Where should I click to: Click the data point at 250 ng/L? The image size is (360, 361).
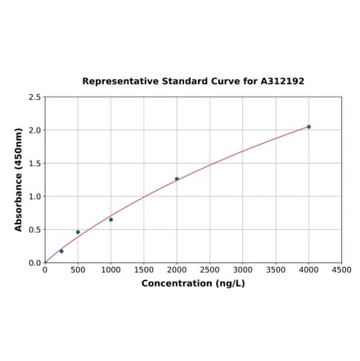pos(61,251)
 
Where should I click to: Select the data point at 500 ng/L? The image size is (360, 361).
pos(78,232)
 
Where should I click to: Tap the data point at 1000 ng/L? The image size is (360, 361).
pos(111,219)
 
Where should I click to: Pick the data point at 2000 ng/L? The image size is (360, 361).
pos(177,178)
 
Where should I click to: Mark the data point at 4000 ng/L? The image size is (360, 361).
pos(308,127)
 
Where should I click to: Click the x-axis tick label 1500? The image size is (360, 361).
pos(144,269)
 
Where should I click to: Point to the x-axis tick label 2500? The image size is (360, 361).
pos(209,269)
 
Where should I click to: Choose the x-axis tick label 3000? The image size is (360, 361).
pos(243,269)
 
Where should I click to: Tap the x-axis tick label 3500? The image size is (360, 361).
pos(276,269)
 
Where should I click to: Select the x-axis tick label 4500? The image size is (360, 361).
pos(342,269)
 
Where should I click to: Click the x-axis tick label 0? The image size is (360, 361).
pos(45,269)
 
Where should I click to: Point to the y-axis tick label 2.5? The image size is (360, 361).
pos(34,97)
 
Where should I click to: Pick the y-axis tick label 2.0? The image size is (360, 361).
pos(34,130)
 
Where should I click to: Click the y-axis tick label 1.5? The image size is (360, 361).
pos(34,164)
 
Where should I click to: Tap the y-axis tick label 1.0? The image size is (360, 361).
pos(34,196)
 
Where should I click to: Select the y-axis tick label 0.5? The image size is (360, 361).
pos(34,230)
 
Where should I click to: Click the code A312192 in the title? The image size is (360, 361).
pos(282,82)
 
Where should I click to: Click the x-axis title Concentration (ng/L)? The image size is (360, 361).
pos(193,283)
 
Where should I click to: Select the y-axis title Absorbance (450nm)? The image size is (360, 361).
pos(19,179)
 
